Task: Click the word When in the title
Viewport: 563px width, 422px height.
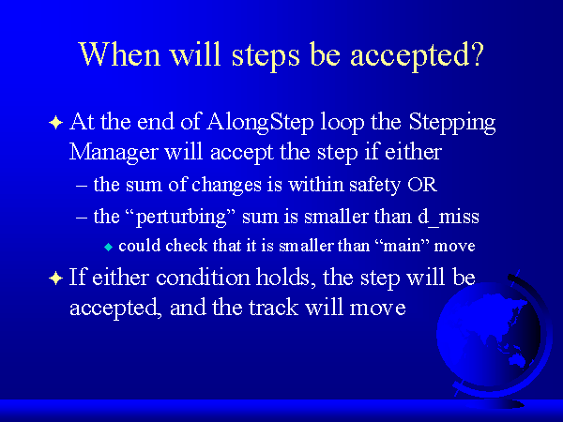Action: coord(119,54)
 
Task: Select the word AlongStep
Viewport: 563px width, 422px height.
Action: coord(260,122)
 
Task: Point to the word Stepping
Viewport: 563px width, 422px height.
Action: coord(452,123)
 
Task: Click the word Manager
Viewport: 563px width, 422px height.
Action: coord(114,153)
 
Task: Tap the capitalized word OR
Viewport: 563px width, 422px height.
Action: coord(422,185)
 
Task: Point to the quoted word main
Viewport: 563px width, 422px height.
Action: coord(402,246)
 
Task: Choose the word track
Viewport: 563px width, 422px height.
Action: coord(273,308)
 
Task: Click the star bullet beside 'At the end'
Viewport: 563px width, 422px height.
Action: coord(55,123)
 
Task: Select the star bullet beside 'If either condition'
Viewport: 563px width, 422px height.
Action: coord(55,279)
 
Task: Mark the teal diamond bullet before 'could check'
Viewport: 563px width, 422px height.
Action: coord(108,247)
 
